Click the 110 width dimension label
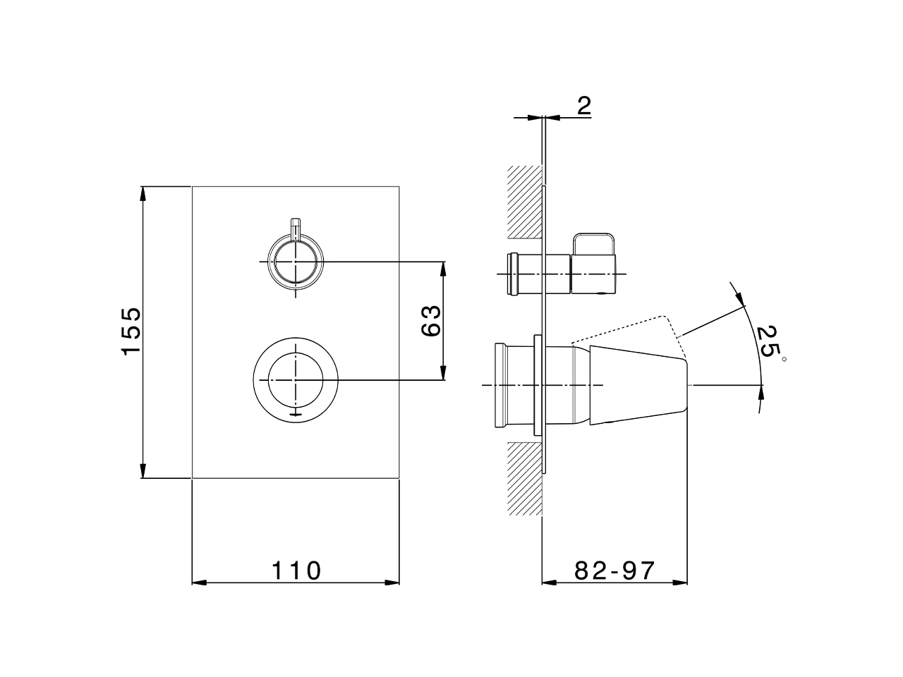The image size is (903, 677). (x=297, y=570)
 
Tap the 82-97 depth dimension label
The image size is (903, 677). (x=614, y=570)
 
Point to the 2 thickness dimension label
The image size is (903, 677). (x=583, y=106)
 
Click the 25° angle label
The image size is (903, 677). (x=768, y=343)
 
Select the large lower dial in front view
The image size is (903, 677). (x=296, y=380)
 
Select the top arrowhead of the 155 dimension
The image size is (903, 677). (x=143, y=193)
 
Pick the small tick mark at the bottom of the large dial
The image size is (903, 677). (x=296, y=414)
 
